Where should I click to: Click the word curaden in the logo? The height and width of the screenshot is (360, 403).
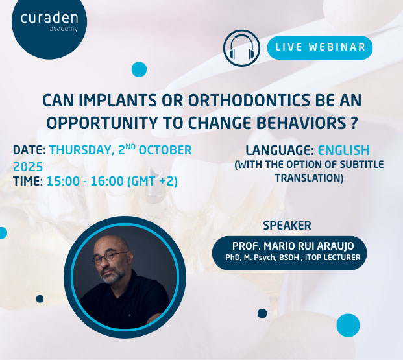(x=49, y=18)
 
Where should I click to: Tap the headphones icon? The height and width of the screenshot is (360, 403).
(x=241, y=48)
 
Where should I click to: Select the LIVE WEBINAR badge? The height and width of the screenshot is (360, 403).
(x=320, y=48)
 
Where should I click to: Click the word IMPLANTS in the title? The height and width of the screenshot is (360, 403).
(x=118, y=100)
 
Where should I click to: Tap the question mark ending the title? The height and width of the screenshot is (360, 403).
(x=354, y=123)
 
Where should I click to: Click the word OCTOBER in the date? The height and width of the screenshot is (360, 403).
(x=165, y=150)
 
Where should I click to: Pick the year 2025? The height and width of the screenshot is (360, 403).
(x=28, y=167)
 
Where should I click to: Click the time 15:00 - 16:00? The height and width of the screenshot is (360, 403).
(x=85, y=181)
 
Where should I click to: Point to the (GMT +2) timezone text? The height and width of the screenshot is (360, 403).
(x=153, y=181)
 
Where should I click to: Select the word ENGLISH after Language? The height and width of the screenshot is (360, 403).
(x=344, y=150)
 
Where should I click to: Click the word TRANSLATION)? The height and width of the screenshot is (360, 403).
(x=310, y=178)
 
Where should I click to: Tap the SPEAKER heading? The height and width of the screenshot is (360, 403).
(x=287, y=226)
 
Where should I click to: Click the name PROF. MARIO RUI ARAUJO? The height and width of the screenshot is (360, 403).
(x=293, y=246)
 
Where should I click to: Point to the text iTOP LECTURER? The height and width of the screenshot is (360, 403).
(x=332, y=258)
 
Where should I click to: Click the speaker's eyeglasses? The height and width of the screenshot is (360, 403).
(x=110, y=258)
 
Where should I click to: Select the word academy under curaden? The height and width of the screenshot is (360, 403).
(x=64, y=29)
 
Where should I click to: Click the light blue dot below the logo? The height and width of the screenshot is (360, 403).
(x=139, y=69)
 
